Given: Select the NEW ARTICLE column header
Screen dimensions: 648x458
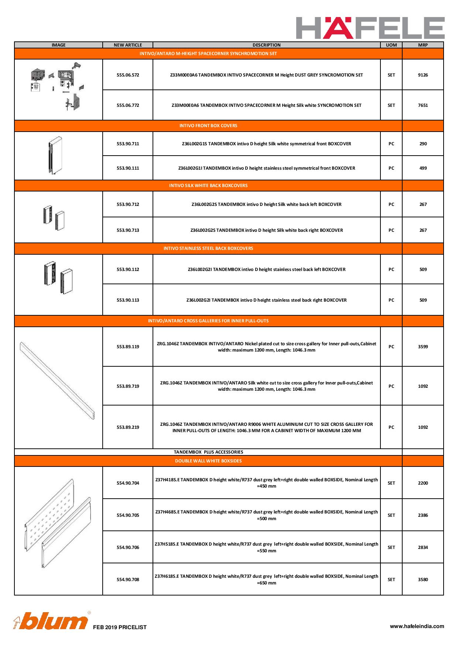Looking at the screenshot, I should tap(128, 45).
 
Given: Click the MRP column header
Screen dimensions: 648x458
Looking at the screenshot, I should tap(423, 45).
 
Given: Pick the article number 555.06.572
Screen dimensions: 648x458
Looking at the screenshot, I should tap(128, 75).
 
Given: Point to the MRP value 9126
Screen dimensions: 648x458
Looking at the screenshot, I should tap(423, 75).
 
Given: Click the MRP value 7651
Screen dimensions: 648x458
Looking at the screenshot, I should tap(423, 105).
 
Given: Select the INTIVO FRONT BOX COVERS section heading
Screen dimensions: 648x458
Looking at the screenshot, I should tap(208, 126).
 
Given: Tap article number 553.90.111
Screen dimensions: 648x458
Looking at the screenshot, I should tap(128, 168).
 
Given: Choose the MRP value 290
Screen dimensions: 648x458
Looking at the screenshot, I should tap(423, 144).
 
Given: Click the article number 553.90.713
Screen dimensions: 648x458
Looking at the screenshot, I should tap(128, 230).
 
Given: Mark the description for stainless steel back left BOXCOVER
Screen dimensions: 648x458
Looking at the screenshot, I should tap(266, 269).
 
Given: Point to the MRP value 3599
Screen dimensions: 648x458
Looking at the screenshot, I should tap(423, 347).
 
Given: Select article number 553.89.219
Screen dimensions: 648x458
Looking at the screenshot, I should tap(128, 427).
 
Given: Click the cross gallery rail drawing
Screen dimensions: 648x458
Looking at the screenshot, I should tap(58, 381).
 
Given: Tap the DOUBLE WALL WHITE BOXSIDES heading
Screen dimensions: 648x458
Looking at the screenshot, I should tap(208, 461).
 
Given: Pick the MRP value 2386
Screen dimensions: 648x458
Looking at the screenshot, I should tap(423, 515).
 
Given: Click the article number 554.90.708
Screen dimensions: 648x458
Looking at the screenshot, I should tap(128, 580).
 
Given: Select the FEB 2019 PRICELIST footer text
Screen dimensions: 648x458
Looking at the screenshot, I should tap(120, 627).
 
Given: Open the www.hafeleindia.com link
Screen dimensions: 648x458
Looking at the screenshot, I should tap(417, 626).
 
